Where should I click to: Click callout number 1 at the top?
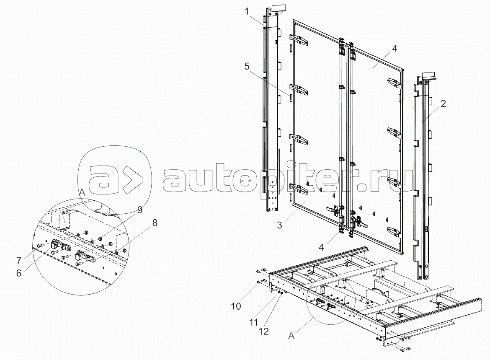(x=247, y=12)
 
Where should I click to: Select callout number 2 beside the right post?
(x=443, y=104)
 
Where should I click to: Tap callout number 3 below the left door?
(x=279, y=225)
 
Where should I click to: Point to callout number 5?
(x=247, y=67)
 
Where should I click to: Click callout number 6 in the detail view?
(x=19, y=273)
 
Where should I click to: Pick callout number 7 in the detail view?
(x=19, y=260)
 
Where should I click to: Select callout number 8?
(x=155, y=223)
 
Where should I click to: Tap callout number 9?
(x=139, y=210)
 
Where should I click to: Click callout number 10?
(x=236, y=306)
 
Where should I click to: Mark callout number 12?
(x=264, y=331)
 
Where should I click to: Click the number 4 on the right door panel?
(x=395, y=49)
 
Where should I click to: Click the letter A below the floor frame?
(x=291, y=336)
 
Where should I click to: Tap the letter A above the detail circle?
(x=82, y=192)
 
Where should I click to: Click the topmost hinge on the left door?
(x=299, y=40)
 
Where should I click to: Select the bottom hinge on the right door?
(x=394, y=231)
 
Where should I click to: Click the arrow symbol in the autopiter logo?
(x=132, y=179)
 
